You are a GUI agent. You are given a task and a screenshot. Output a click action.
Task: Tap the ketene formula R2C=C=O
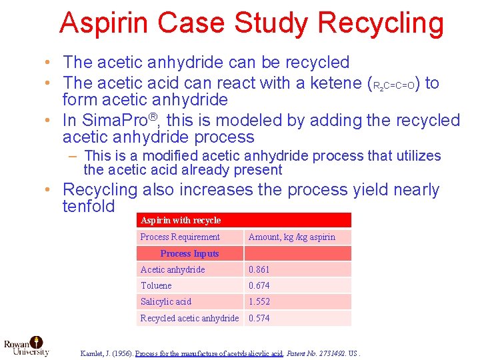(396, 86)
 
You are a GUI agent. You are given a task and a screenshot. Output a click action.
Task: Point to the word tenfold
(89, 206)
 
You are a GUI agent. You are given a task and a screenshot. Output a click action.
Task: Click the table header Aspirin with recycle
(181, 220)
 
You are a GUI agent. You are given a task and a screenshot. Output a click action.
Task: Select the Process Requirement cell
(180, 237)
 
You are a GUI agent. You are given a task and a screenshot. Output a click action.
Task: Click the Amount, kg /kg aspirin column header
(292, 237)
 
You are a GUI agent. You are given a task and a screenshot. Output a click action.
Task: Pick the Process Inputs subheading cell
(189, 253)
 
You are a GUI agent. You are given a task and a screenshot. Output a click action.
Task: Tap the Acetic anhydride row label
(173, 269)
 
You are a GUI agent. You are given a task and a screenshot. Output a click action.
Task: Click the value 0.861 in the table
(259, 269)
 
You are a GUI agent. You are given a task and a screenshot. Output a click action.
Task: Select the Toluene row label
(156, 285)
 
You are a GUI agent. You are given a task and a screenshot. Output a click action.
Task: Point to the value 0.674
(259, 285)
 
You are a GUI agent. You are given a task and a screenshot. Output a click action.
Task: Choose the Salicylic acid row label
(166, 301)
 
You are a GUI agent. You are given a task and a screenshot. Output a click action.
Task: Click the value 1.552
(259, 301)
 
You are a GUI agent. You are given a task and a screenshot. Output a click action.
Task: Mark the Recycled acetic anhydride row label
(189, 318)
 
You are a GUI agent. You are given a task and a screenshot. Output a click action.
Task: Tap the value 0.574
(259, 318)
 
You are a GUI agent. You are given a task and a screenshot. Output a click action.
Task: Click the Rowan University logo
(27, 345)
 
